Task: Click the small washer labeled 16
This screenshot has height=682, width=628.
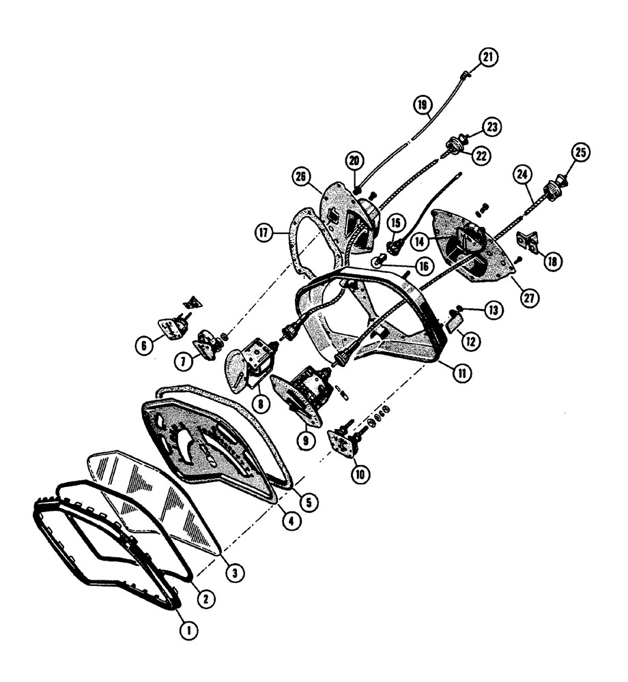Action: tap(378, 262)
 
